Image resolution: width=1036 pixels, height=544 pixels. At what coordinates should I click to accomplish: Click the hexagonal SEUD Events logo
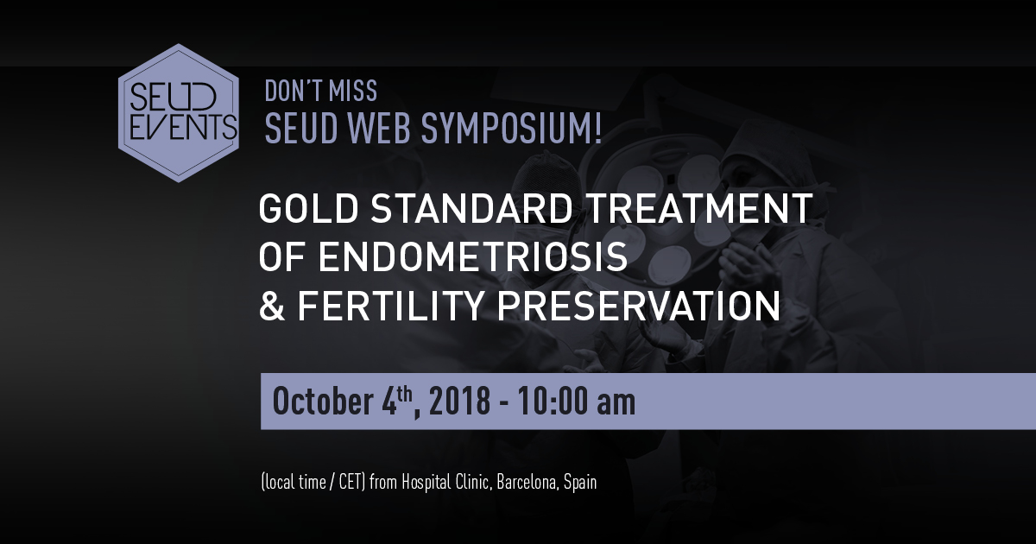coord(179,113)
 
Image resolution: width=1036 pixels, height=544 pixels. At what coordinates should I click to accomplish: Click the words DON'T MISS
coord(321,91)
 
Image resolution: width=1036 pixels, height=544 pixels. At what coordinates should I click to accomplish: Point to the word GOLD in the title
coord(308,208)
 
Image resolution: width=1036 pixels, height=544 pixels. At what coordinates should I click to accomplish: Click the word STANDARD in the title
coord(471,208)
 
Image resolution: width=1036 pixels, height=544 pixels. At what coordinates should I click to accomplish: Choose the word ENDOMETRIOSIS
coord(473,256)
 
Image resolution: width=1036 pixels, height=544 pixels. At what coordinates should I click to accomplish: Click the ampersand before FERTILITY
coord(271,306)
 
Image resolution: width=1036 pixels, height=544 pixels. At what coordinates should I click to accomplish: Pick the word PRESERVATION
coord(639,306)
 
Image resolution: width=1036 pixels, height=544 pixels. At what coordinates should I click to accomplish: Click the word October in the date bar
coord(323,401)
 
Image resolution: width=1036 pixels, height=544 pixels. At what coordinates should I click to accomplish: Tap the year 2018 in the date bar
coord(459,401)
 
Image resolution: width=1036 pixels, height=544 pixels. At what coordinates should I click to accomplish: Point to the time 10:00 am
coord(577,401)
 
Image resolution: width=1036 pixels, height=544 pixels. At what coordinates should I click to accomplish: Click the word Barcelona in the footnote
coord(527,483)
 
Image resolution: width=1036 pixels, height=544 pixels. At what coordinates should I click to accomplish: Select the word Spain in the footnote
coord(580,483)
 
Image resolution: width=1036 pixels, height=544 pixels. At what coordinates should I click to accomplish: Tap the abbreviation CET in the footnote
coord(352,483)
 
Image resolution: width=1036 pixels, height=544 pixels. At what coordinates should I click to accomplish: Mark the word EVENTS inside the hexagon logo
coord(184,127)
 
